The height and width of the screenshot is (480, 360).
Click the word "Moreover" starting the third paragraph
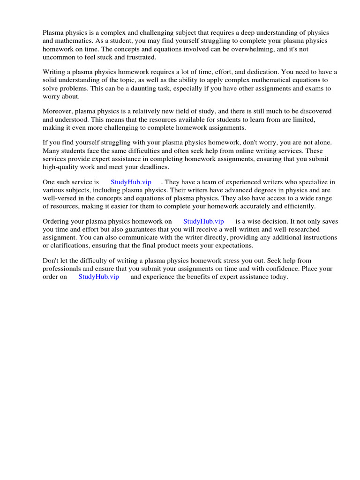pyautogui.click(x=58, y=112)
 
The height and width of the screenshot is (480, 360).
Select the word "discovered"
pyautogui.click(x=315, y=112)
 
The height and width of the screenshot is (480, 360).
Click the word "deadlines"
pyautogui.click(x=153, y=167)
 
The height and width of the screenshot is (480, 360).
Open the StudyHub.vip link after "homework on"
pyautogui.click(x=203, y=222)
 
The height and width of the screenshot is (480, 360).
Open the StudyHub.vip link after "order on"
pyautogui.click(x=98, y=277)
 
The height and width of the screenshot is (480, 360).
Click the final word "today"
pyautogui.click(x=277, y=277)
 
